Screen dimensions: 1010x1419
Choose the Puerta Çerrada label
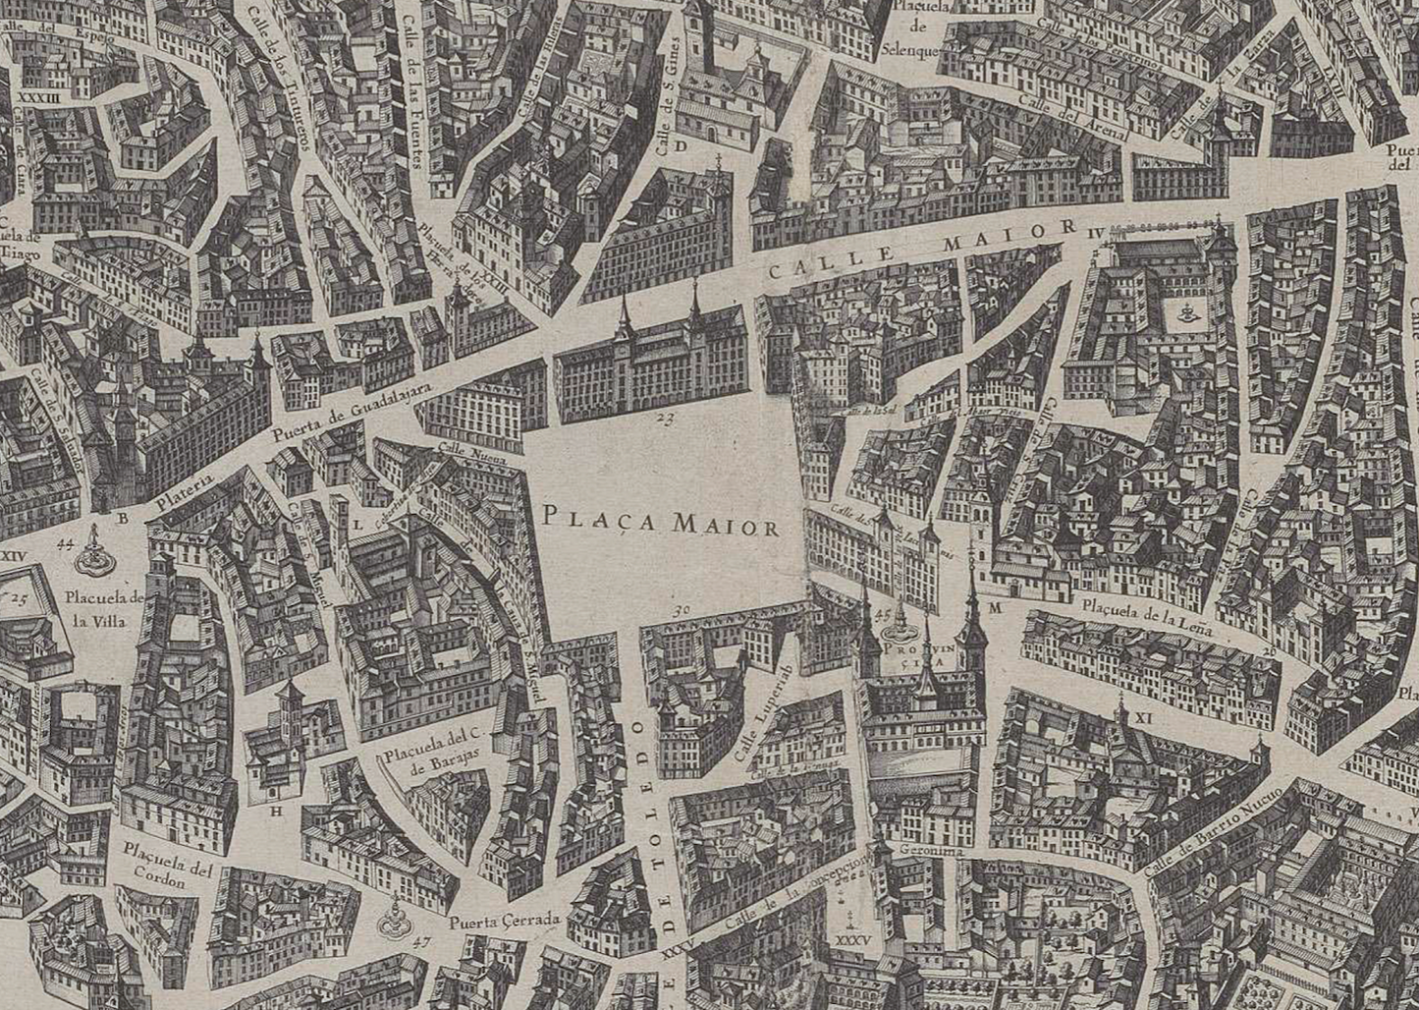coord(505,922)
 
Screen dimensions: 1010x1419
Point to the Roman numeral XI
coord(1142,718)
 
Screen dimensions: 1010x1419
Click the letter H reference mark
coord(276,811)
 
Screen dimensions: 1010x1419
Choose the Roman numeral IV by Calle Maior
coord(1097,232)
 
